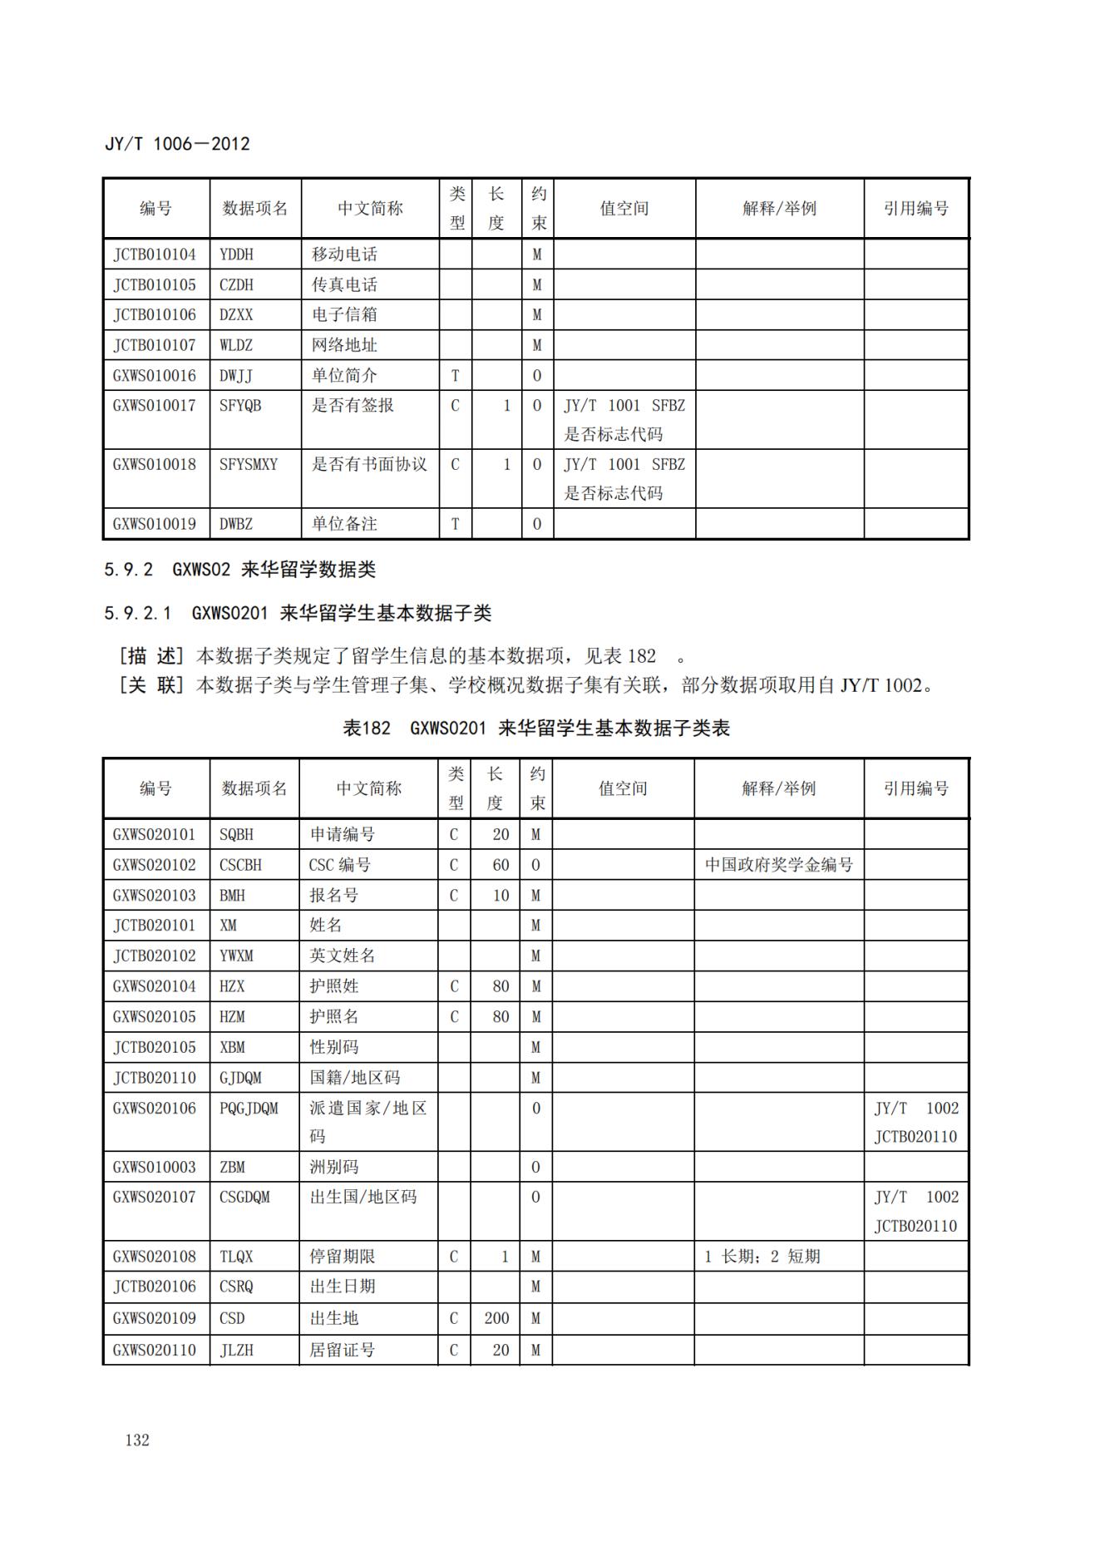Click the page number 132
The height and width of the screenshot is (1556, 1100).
137,1440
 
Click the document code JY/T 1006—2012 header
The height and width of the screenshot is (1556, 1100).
177,144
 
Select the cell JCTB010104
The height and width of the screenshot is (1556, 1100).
155,254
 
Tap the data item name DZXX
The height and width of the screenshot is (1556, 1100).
236,315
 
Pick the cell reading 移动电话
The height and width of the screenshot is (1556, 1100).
344,254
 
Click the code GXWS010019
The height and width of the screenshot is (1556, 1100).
155,524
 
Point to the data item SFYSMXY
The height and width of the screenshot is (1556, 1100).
249,464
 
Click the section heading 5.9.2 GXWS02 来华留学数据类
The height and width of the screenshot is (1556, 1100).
240,570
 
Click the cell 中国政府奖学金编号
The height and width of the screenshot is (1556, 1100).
779,865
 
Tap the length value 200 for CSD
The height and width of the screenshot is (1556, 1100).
496,1318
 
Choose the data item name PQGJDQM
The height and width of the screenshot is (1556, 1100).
249,1109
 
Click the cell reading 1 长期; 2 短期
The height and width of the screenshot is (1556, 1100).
762,1257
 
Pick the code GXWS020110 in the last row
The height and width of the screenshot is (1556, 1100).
155,1350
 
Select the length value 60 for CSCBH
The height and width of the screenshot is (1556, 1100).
500,865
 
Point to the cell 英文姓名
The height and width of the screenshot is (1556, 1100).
343,956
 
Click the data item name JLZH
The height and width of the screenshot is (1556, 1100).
236,1350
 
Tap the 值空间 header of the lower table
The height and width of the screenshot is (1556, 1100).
623,788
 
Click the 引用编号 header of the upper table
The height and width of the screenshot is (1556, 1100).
916,209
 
